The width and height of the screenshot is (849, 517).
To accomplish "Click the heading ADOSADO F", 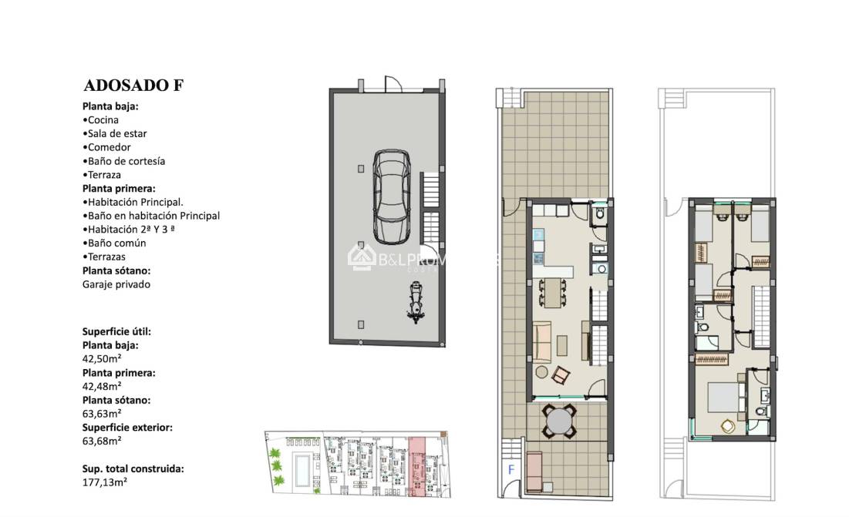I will coord(133,86).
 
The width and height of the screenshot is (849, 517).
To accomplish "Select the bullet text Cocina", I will coord(103,120).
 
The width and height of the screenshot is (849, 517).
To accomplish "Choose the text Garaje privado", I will coord(116,284).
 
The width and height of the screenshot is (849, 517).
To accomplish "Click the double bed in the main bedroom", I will coord(723,398).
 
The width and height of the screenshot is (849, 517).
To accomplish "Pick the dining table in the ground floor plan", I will coord(551,291).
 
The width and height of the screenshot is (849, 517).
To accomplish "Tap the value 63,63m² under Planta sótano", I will coord(102,414).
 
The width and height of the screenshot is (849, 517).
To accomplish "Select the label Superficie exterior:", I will coord(127,427).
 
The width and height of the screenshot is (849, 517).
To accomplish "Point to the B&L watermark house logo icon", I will coord(362,257).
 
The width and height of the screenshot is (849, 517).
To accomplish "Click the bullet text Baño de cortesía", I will coord(126,162).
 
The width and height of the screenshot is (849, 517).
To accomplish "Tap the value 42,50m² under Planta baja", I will coord(102,358).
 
